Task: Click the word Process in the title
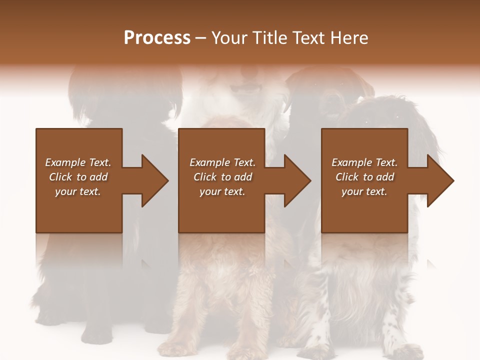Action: pyautogui.click(x=157, y=38)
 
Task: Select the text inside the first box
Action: pyautogui.click(x=78, y=177)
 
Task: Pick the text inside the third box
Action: pyautogui.click(x=364, y=177)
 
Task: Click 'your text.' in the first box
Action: pyautogui.click(x=78, y=191)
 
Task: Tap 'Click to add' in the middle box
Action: pyautogui.click(x=222, y=177)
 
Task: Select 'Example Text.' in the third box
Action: pyautogui.click(x=364, y=162)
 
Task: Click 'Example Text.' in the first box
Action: pyautogui.click(x=78, y=162)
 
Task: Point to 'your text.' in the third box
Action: pyautogui.click(x=364, y=191)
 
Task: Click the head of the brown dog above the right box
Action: pyautogui.click(x=327, y=97)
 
